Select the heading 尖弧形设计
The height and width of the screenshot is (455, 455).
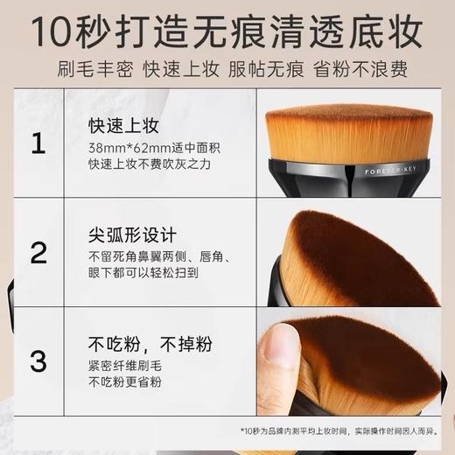click(x=132, y=235)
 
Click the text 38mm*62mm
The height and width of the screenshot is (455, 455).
click(x=120, y=147)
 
